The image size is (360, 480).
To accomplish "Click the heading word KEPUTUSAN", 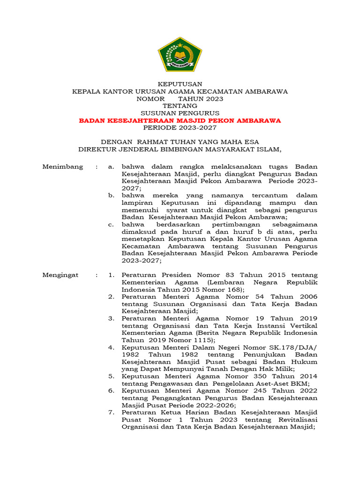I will click(180, 84).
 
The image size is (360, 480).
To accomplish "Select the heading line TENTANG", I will click(180, 106).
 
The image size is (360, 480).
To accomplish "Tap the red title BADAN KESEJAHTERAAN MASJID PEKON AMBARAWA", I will click(180, 120).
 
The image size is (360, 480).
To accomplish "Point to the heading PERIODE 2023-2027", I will click(180, 128).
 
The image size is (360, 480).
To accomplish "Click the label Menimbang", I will click(63, 166).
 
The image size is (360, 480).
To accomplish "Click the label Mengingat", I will click(60, 275).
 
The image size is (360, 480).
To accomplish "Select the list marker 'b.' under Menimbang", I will click(111, 195).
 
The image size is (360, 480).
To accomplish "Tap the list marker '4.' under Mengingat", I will click(111, 347).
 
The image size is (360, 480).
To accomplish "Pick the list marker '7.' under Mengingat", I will click(111, 412).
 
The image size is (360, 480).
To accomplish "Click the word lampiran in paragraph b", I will click(138, 202).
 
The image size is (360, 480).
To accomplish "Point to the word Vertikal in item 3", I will click(303, 325).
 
